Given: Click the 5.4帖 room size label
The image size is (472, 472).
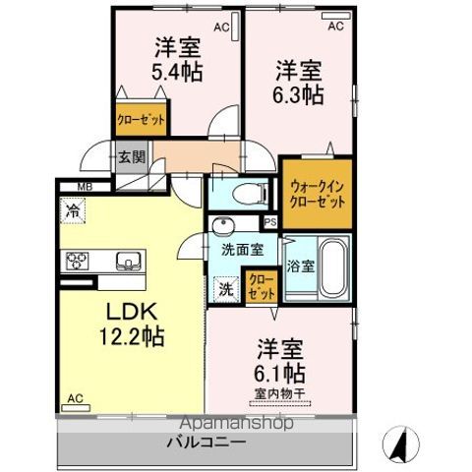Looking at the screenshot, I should click(x=177, y=70).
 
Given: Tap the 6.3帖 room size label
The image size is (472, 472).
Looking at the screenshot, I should click(x=299, y=94).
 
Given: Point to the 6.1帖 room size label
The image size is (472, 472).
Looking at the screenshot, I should click(x=280, y=374).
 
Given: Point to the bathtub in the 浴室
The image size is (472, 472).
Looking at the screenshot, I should click(x=329, y=267).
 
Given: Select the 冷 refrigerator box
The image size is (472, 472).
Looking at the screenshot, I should click(x=73, y=209).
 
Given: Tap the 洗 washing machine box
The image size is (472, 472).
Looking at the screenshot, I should click(x=225, y=289).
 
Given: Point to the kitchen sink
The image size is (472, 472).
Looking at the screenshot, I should click(x=127, y=261).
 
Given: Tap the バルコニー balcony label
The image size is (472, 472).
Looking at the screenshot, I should click(x=206, y=442).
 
